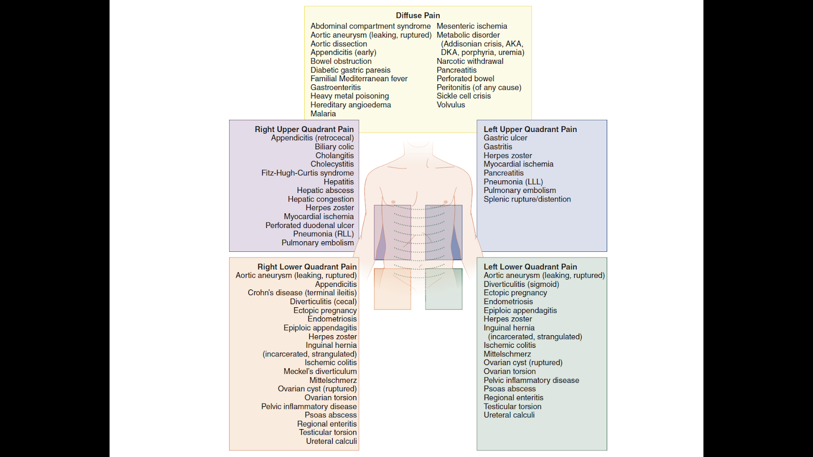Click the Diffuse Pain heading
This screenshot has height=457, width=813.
[418, 15]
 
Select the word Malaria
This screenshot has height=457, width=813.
[323, 114]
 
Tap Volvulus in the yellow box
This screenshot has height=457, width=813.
[451, 105]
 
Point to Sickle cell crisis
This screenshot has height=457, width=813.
[463, 96]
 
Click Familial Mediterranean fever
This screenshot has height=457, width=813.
[359, 79]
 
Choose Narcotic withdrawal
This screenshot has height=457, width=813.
[470, 61]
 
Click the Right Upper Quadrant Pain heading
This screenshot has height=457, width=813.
[304, 129]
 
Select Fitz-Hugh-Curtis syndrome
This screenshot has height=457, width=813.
[307, 173]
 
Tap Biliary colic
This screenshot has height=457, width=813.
[334, 147]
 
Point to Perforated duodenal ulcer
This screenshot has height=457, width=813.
[309, 225]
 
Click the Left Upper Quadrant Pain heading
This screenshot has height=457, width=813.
[530, 129]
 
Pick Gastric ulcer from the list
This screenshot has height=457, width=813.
[505, 138]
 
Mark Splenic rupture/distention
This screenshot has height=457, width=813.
[527, 199]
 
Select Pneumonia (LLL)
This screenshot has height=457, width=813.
[513, 182]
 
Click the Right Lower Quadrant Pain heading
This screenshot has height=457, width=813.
[307, 267]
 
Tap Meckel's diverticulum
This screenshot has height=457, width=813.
[320, 371]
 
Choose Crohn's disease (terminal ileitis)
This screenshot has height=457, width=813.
[302, 292]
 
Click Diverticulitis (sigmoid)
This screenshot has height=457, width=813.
[521, 284]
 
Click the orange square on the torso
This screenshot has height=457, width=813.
[392, 289]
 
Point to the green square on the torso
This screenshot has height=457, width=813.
[444, 289]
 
